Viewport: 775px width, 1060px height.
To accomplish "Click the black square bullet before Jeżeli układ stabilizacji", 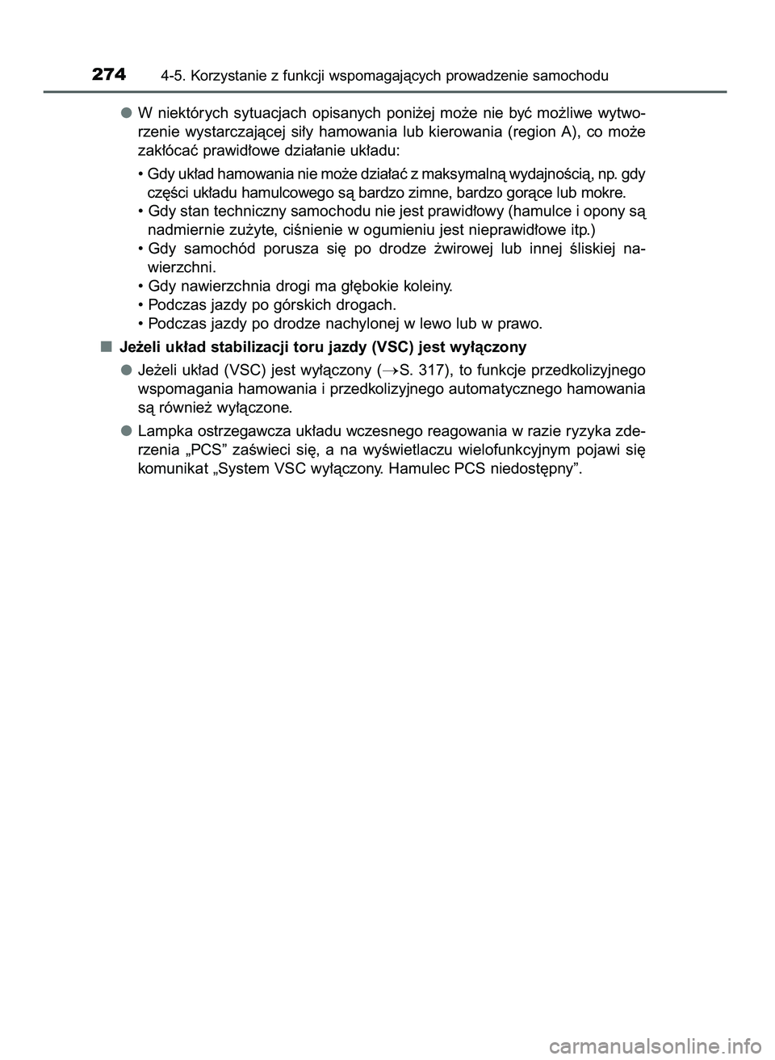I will (106, 347).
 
